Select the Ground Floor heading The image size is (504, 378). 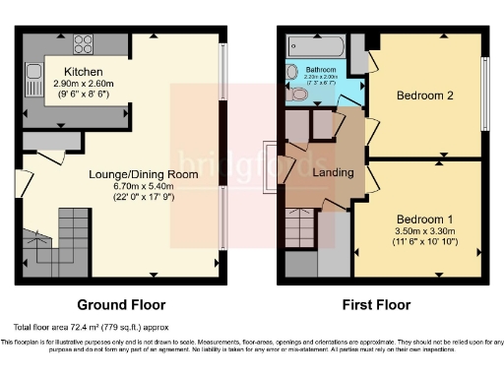coord(120,304)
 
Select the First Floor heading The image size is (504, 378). coord(377,304)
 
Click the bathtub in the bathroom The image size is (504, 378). coord(315,45)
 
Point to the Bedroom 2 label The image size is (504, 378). coord(424,95)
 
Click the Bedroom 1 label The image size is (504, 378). coord(424,218)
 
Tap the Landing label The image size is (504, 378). coord(333,173)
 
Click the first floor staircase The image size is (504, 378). coord(300,230)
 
